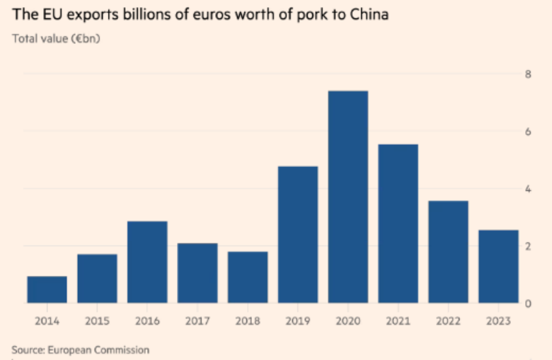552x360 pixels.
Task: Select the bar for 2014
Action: [47, 290]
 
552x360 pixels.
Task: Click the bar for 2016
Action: [147, 262]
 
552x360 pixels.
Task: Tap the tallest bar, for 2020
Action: [347, 197]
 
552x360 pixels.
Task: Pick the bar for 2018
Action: [248, 277]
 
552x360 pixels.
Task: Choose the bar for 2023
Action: [498, 267]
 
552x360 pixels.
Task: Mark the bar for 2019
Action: [298, 235]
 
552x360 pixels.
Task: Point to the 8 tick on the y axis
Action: [528, 74]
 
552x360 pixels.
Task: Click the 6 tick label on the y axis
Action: [528, 132]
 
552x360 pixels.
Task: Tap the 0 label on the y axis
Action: [528, 303]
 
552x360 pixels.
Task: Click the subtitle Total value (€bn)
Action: [56, 38]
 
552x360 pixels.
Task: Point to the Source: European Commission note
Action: [80, 349]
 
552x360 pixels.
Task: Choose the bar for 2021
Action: [398, 224]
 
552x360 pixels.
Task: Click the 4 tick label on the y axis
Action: [528, 189]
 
